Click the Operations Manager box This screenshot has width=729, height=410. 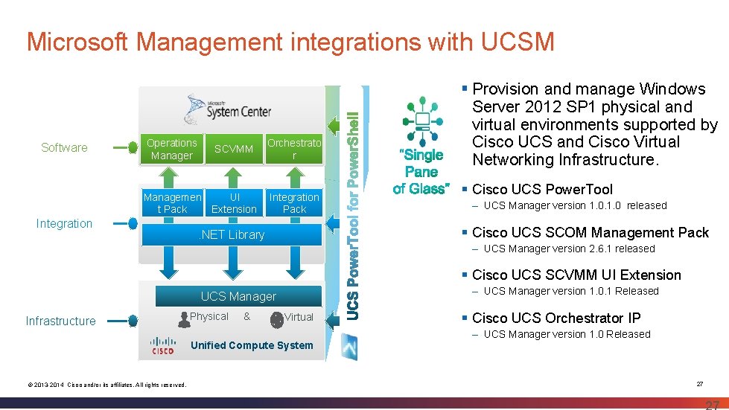tap(172, 149)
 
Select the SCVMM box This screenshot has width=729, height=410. tap(233, 149)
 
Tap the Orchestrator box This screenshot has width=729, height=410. tap(294, 149)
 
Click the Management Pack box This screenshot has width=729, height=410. tap(172, 203)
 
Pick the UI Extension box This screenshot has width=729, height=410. tap(233, 203)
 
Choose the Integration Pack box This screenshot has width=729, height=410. tap(294, 203)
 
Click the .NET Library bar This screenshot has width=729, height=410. tap(231, 235)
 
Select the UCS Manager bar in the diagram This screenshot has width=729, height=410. tap(238, 296)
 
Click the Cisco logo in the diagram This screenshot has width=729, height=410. tap(163, 346)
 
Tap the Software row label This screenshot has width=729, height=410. tap(64, 147)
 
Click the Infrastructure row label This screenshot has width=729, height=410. tap(60, 321)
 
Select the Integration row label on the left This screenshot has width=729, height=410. tap(64, 223)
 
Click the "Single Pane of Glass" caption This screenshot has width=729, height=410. tap(422, 172)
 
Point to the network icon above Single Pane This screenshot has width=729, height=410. tap(422, 120)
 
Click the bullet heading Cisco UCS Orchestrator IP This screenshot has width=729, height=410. tap(556, 318)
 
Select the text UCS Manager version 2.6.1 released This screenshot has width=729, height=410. tap(569, 249)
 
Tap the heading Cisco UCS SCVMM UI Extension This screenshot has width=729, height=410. tap(576, 275)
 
